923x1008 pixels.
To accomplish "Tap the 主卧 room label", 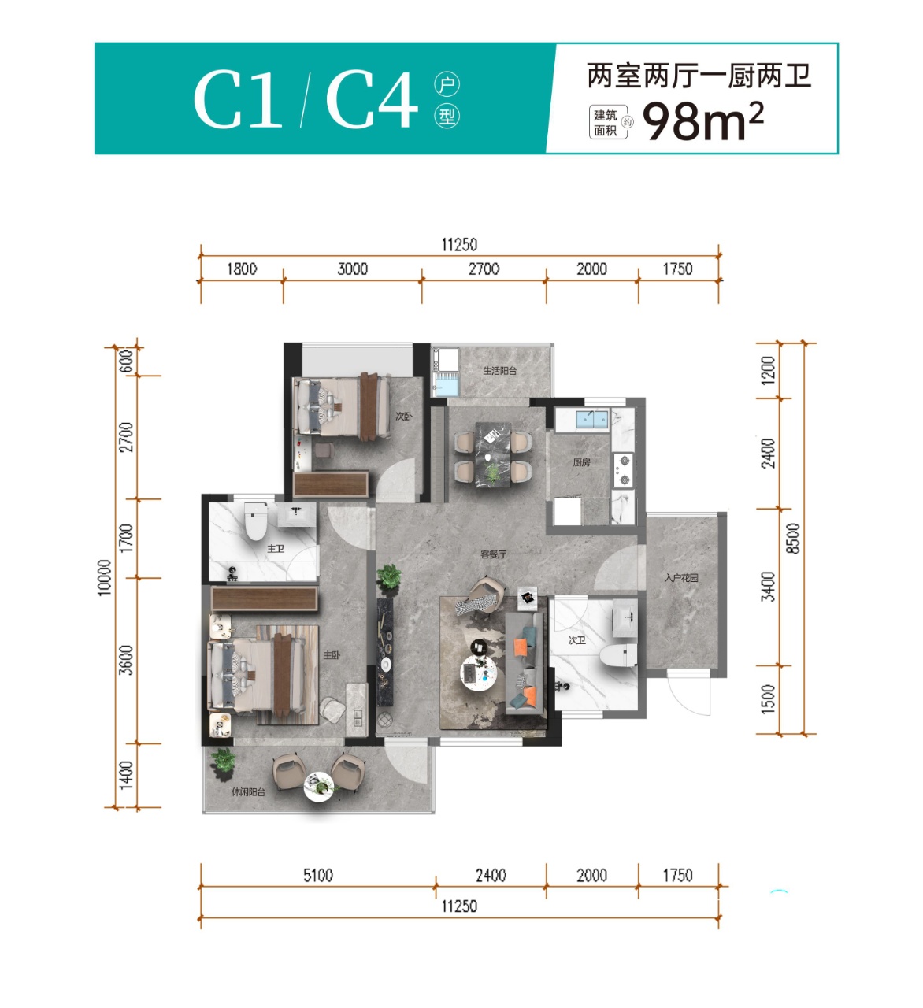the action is pos(332,655).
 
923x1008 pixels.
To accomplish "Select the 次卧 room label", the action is pos(404,416).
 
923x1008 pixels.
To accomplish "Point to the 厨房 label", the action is pos(582,462).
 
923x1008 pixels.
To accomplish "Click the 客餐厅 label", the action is pos(493,554).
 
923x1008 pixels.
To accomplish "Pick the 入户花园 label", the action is pos(681,578).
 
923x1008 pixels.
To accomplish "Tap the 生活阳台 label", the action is pos(500,371).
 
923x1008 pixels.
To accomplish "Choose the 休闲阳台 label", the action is pos(248,792).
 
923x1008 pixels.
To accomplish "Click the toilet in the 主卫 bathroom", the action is pos(256,521).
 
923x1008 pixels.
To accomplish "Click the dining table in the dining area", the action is pos(493,454).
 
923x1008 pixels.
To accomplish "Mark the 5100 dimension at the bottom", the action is pos(318,876).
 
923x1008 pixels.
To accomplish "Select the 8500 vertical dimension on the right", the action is pos(793,538).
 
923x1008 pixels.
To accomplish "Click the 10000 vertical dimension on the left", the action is pos(103,578).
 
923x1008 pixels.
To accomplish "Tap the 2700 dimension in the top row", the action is pos(484,269).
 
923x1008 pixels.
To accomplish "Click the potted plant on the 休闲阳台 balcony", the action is pos(223,763).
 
